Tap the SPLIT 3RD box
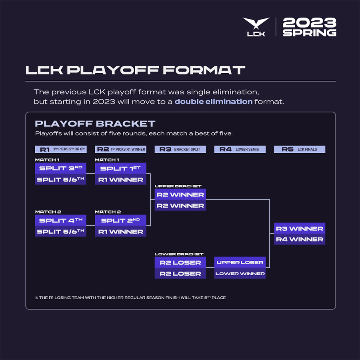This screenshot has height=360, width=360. pos(60,168)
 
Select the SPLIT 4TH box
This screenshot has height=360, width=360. pos(60,220)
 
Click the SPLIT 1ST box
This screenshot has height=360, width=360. pos(120,168)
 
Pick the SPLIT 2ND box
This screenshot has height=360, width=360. pos(120,220)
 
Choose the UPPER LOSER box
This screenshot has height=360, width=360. pos(240,262)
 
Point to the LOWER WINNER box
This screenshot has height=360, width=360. pos(240,274)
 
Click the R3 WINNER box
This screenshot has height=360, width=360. pos(300,228)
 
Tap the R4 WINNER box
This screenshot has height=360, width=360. pos(300,239)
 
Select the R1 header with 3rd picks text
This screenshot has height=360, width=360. pos(60,149)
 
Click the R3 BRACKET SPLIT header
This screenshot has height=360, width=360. pos(180,149)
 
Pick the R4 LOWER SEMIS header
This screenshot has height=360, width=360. pos(240,149)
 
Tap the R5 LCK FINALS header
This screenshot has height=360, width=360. pos(300,149)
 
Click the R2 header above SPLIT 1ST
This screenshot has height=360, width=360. pos(120,149)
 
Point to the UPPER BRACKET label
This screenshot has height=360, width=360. pos(172,186)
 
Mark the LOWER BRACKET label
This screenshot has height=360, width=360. pos(174,254)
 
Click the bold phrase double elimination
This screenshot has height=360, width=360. pos(214,102)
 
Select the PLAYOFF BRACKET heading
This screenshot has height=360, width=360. pos(95,124)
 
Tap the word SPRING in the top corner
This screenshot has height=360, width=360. pos(309,33)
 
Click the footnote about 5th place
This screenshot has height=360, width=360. pos(130,298)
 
